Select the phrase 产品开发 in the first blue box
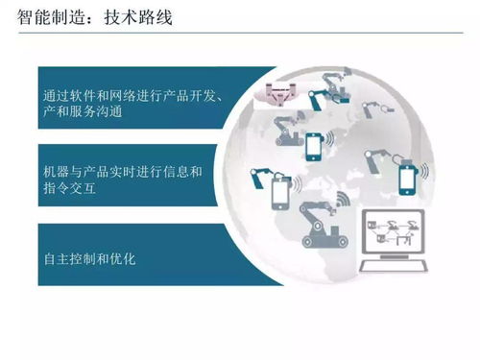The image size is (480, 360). [x=189, y=95]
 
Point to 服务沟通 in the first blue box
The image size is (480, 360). [x=106, y=113]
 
